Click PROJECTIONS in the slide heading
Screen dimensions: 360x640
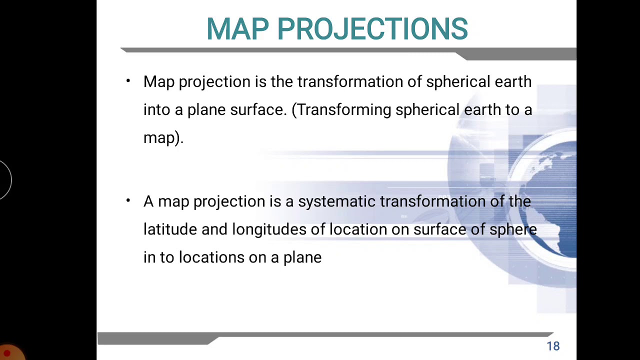(372, 29)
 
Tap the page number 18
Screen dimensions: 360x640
(553, 346)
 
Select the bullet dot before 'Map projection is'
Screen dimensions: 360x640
(128, 81)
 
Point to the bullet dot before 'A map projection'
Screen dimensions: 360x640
(128, 201)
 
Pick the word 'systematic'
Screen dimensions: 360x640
(336, 201)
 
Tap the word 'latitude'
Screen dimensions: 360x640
(170, 229)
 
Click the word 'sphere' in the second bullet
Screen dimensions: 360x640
(513, 229)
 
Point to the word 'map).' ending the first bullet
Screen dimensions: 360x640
(163, 138)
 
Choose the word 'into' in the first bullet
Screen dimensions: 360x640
(156, 110)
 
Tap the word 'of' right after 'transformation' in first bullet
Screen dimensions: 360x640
(414, 82)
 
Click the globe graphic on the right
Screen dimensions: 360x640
(547, 200)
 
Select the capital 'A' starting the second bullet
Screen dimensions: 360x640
(148, 201)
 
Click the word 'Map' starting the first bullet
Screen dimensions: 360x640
(158, 82)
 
